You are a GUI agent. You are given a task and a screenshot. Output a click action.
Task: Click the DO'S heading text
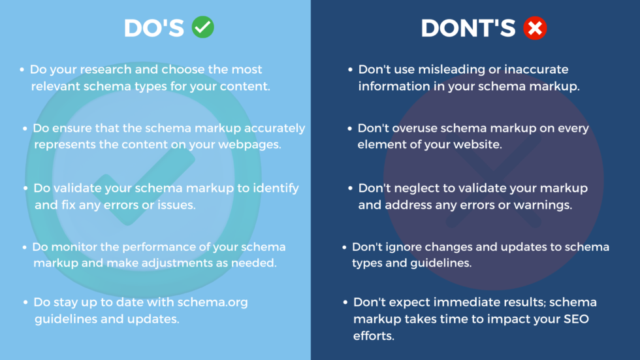(x=154, y=28)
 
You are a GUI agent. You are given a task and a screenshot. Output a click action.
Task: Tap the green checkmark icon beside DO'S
(x=203, y=27)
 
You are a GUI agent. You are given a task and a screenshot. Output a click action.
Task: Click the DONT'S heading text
(x=468, y=28)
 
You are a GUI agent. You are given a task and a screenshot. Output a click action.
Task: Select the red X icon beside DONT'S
(x=535, y=28)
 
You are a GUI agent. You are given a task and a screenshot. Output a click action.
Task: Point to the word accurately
(x=275, y=129)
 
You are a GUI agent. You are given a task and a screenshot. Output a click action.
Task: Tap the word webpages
(x=249, y=145)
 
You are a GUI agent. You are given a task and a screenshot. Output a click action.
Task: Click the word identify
(x=276, y=189)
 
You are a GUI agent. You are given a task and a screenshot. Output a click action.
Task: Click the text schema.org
(x=212, y=303)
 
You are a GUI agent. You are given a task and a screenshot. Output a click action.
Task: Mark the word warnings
(x=543, y=205)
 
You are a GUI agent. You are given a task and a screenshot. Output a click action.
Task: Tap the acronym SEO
(x=575, y=319)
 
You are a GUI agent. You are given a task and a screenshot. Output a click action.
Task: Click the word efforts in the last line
(x=374, y=336)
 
